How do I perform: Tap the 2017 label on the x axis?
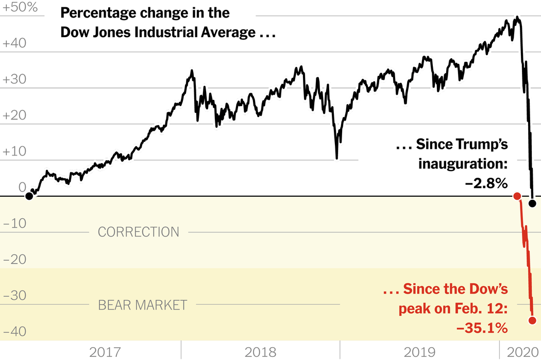[105, 352]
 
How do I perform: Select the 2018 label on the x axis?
[260, 352]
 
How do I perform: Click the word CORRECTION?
[139, 232]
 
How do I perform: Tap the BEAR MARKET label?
[142, 305]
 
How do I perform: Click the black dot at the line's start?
[29, 196]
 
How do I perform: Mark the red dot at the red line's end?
[533, 320]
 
